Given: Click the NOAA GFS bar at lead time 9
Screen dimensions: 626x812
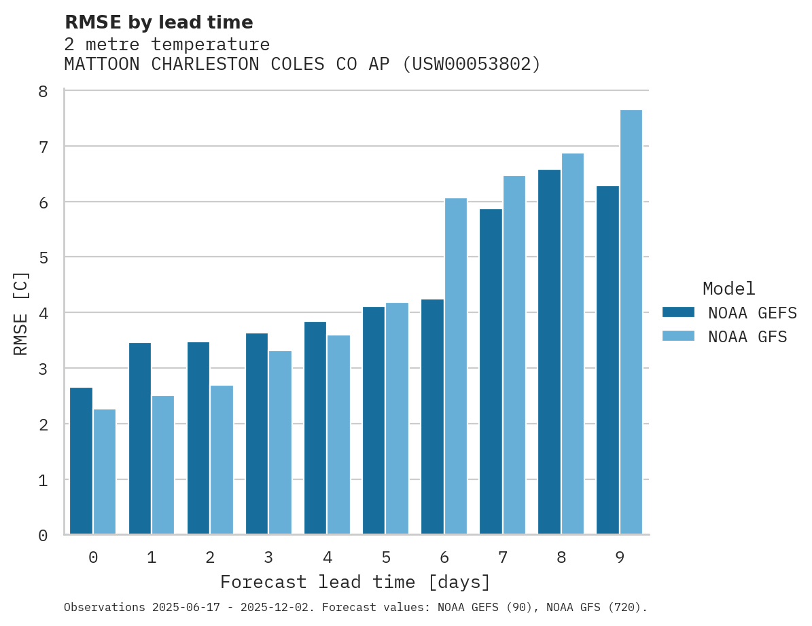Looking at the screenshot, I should tap(631, 322).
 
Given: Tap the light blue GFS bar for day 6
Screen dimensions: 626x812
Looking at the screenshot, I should tap(456, 366).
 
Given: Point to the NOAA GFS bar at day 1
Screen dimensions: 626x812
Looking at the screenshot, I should tap(163, 464).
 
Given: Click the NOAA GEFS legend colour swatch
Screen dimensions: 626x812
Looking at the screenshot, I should tap(678, 312).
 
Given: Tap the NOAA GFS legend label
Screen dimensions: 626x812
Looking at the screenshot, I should tap(747, 337).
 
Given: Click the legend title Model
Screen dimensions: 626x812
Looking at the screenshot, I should tap(728, 289).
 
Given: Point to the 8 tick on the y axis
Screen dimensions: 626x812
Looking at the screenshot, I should tap(43, 91).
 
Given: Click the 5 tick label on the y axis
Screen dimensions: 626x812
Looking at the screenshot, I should tap(43, 257).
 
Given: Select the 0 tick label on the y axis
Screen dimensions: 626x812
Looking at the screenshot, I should tap(43, 536).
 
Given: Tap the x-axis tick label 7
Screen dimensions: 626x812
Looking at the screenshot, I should tap(503, 558).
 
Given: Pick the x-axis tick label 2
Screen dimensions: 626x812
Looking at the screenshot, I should tap(210, 558).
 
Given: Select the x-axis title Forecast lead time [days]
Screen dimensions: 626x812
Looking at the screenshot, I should tap(355, 583).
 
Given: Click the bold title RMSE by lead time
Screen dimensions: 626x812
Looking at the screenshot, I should tap(158, 22).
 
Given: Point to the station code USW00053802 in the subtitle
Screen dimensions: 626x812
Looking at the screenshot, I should tap(471, 65).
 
